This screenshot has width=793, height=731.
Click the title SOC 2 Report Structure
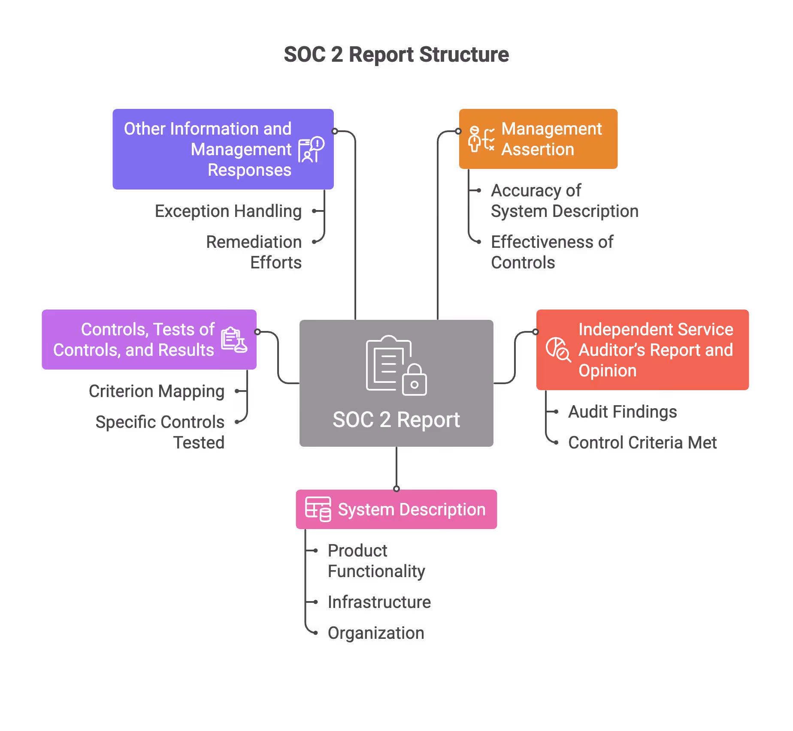click(396, 55)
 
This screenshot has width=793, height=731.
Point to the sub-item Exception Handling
click(228, 211)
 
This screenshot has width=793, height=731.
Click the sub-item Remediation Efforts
click(254, 252)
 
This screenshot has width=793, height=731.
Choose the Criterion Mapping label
click(157, 391)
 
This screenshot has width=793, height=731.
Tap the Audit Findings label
click(622, 412)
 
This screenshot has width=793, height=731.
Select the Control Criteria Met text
click(642, 443)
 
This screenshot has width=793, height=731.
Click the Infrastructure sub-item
click(379, 602)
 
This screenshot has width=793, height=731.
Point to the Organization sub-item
click(376, 633)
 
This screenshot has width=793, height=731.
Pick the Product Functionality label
click(376, 561)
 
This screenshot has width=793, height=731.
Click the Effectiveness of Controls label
click(552, 252)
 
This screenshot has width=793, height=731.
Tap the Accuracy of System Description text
click(564, 201)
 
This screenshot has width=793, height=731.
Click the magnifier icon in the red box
click(558, 349)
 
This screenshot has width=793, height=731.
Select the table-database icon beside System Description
click(318, 509)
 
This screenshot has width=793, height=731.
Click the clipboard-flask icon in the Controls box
click(234, 340)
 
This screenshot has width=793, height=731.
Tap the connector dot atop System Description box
click(396, 489)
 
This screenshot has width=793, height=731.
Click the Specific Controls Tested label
click(160, 432)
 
